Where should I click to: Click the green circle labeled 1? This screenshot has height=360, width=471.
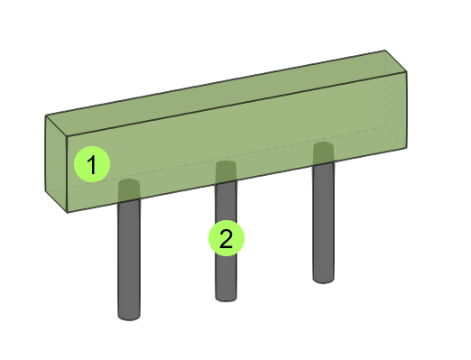pyautogui.click(x=92, y=164)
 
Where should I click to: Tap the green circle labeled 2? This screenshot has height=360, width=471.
pyautogui.click(x=226, y=238)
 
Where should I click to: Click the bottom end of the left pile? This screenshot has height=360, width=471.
pyautogui.click(x=129, y=318)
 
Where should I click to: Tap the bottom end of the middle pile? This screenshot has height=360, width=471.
pyautogui.click(x=226, y=299)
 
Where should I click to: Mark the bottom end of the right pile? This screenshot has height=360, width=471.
pyautogui.click(x=323, y=281)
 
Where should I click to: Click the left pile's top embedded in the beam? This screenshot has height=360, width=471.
pyautogui.click(x=129, y=190)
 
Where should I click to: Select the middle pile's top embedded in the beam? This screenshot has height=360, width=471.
pyautogui.click(x=226, y=171)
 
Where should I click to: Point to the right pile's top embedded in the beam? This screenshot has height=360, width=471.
pyautogui.click(x=323, y=153)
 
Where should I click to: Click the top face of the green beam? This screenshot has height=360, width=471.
pyautogui.click(x=226, y=93)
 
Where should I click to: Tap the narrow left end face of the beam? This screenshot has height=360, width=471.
pyautogui.click(x=56, y=164)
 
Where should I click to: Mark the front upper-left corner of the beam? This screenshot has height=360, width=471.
pyautogui.click(x=68, y=137)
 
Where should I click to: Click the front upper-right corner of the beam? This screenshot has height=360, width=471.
pyautogui.click(x=407, y=72)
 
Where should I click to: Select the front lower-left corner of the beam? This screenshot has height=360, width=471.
pyautogui.click(x=68, y=213)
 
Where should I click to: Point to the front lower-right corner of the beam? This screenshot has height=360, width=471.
pyautogui.click(x=407, y=148)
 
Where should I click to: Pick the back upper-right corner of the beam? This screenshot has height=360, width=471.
pyautogui.click(x=385, y=51)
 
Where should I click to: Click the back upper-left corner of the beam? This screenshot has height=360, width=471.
pyautogui.click(x=45, y=115)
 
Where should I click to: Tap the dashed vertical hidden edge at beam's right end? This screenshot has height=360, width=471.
pyautogui.click(x=386, y=88)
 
